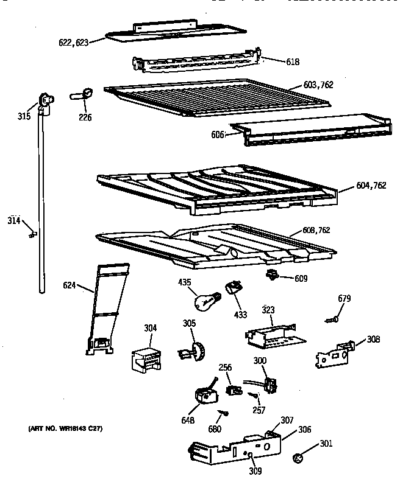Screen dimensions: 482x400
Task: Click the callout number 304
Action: pos(150,328)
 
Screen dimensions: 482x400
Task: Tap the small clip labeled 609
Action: pos(271,276)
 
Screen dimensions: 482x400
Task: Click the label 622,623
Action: pos(74,43)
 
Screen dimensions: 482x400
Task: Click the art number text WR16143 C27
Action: pos(66,429)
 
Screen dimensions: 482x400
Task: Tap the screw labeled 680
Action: pos(225,414)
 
